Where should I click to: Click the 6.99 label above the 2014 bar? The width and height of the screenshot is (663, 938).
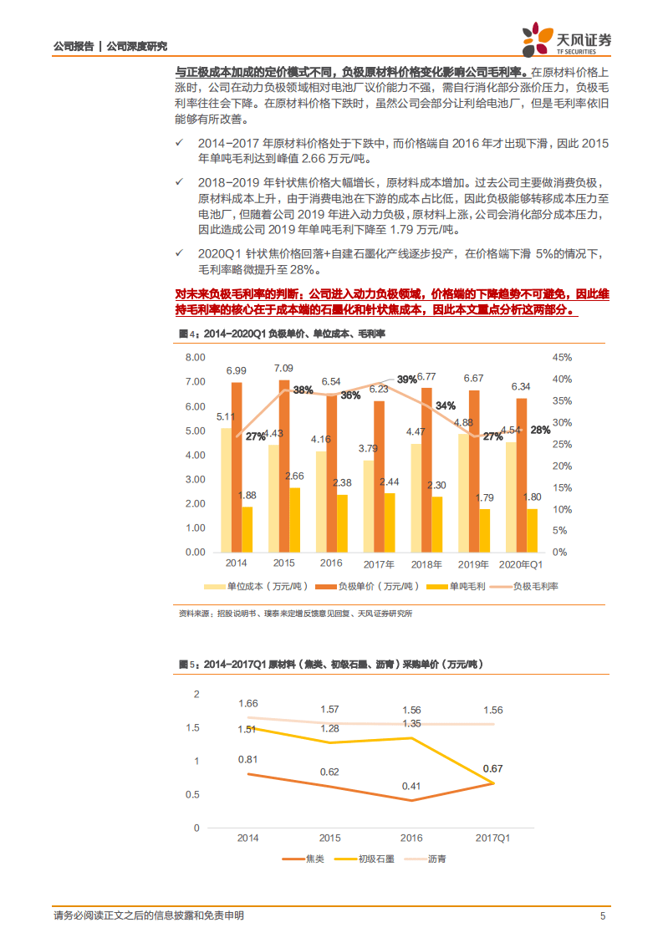[x=236, y=370]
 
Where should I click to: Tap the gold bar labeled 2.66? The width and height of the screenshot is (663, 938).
[x=295, y=519]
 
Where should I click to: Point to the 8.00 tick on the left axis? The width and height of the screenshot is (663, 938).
[x=194, y=358]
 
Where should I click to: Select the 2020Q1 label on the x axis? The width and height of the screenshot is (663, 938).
[x=520, y=564]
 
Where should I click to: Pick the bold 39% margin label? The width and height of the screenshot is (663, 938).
[x=407, y=380]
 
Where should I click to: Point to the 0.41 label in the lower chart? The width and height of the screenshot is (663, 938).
[x=411, y=786]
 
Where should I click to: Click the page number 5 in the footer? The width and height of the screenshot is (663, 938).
[x=603, y=915]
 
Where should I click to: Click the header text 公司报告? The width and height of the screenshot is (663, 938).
[x=73, y=47]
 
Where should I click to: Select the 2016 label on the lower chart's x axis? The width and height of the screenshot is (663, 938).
[x=411, y=837]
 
